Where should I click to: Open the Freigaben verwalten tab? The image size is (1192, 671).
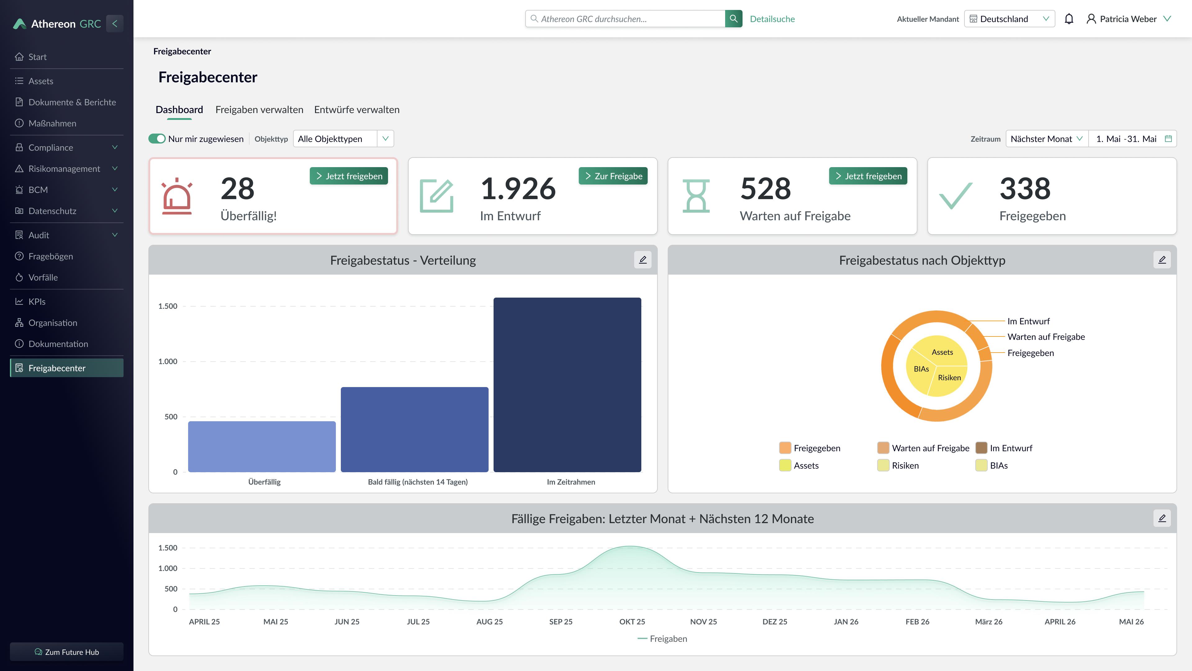[259, 110]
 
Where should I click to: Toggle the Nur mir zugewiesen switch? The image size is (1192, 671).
[157, 139]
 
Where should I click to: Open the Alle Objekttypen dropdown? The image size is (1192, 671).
[343, 139]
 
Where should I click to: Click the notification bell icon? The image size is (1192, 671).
[1068, 19]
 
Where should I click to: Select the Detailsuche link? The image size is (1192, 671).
[772, 19]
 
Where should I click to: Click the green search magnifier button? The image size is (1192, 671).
[734, 19]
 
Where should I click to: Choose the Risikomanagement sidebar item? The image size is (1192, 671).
[64, 169]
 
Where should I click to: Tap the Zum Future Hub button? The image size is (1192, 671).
[67, 651]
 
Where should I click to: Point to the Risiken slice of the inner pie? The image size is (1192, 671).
[949, 378]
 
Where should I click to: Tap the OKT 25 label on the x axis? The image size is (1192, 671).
[632, 621]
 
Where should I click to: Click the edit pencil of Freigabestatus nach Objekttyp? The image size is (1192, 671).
[1162, 260]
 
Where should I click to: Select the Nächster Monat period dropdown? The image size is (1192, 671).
[1046, 139]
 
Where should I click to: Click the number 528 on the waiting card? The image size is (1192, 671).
[765, 189]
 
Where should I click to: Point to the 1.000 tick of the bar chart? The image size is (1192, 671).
[168, 361]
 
